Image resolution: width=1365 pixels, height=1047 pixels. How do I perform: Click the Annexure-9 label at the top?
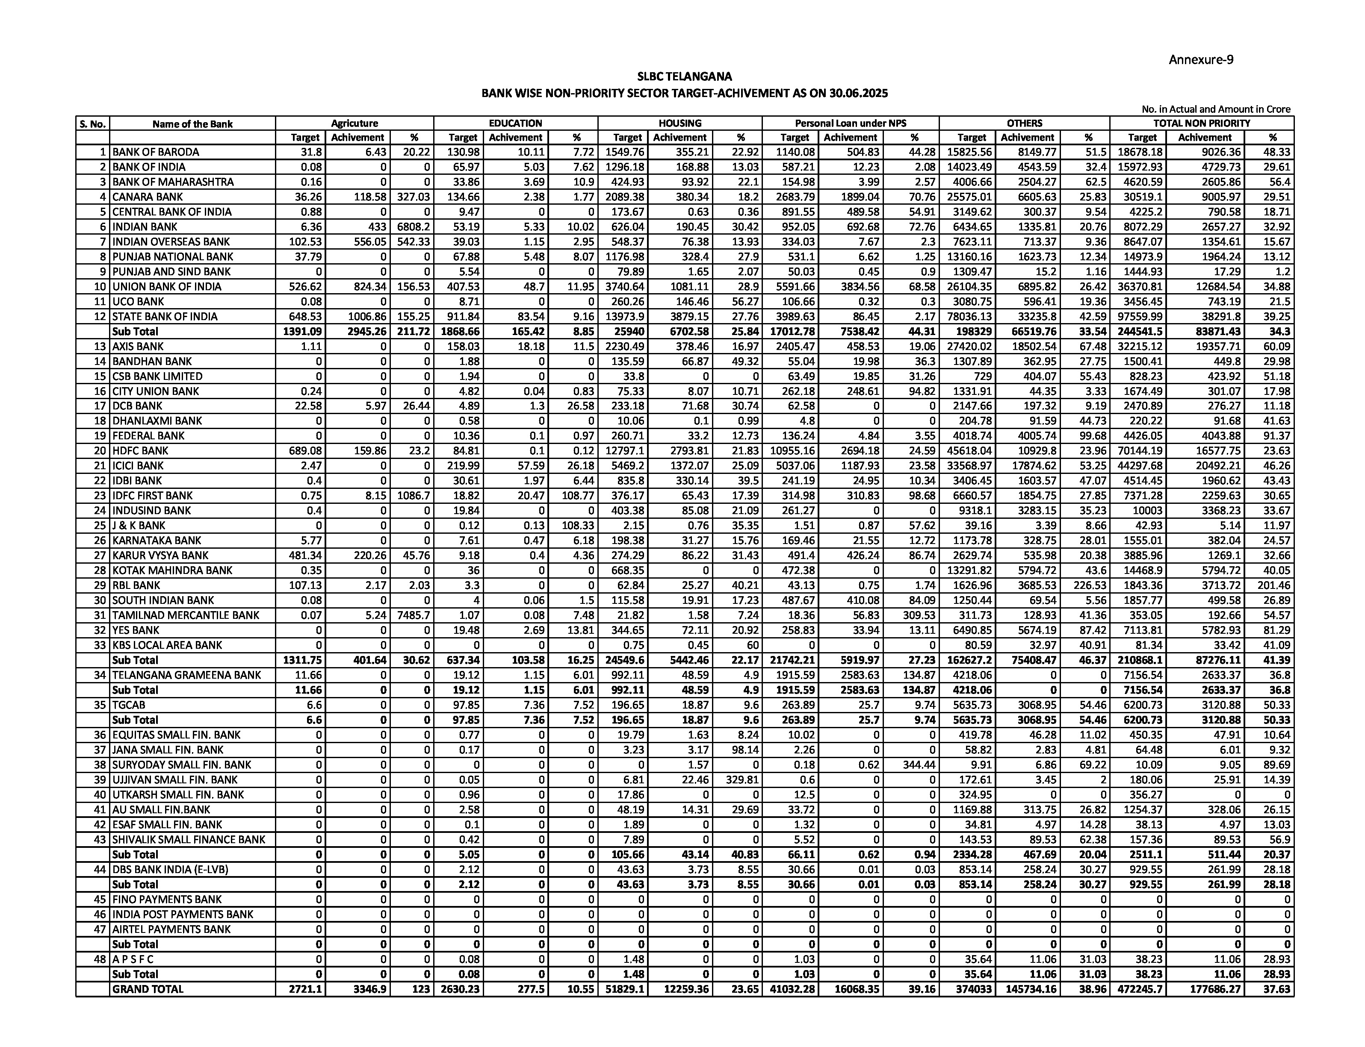pyautogui.click(x=1200, y=60)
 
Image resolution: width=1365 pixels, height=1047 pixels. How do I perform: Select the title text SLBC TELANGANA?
pyautogui.click(x=684, y=76)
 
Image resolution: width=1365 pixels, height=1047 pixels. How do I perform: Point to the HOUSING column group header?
pyautogui.click(x=680, y=124)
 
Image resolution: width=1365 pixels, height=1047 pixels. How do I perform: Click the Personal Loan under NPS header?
pyautogui.click(x=850, y=124)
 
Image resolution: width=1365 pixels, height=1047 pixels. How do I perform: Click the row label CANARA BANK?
pyautogui.click(x=139, y=197)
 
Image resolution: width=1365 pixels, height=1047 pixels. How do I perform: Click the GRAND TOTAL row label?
pyautogui.click(x=148, y=989)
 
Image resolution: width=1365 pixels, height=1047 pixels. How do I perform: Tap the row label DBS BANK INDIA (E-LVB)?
pyautogui.click(x=170, y=869)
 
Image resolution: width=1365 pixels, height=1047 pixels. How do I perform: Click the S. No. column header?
pyautogui.click(x=92, y=124)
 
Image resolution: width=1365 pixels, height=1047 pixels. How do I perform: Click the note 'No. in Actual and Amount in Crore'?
pyautogui.click(x=1215, y=109)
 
